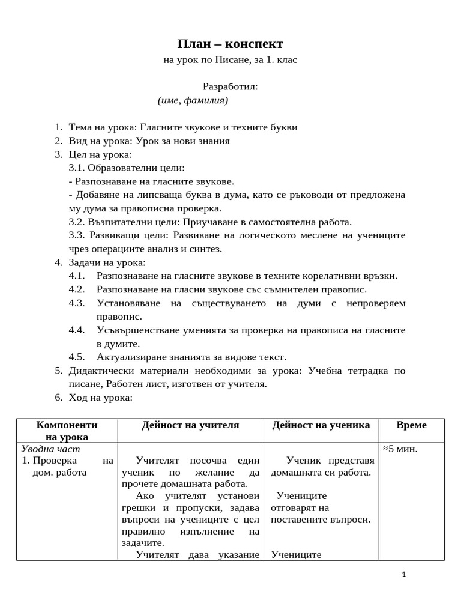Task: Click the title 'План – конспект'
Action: coord(230,44)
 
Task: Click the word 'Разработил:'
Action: coord(230,86)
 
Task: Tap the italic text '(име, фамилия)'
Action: coord(193,100)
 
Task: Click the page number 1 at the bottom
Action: coord(404,575)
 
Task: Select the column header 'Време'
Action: coord(411,425)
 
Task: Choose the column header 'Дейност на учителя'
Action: coord(190,425)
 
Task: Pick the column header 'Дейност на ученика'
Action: coord(321,425)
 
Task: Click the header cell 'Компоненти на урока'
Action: coord(67,431)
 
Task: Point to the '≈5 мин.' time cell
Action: coord(400,449)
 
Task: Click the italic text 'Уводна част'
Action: coord(50,449)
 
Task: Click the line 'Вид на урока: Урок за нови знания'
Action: coord(149,141)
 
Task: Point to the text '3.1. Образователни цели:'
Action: coord(127,168)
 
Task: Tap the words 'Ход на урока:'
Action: coord(100,398)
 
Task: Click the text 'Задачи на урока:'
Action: coord(107,262)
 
